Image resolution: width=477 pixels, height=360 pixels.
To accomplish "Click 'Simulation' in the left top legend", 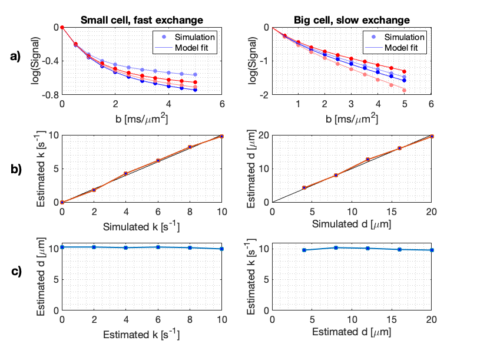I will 193,37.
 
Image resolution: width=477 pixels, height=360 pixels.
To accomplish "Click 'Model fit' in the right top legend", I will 403,47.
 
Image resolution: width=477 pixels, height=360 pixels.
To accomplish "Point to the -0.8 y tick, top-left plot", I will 51,94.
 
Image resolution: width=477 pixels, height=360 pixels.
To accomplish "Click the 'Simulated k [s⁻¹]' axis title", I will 141,226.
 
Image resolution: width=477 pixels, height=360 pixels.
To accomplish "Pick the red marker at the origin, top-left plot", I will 62,27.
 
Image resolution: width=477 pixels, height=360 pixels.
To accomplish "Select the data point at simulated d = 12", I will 367,160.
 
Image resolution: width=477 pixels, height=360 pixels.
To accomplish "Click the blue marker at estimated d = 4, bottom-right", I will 304,250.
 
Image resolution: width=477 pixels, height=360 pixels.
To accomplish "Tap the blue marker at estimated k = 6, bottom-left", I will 158,247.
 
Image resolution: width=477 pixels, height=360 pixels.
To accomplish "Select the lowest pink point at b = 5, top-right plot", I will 404,90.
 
